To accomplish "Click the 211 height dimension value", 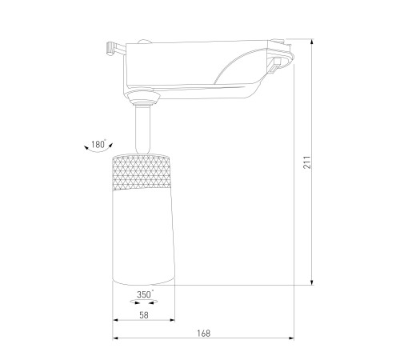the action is point(307,162).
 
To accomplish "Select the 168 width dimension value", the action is point(204,334).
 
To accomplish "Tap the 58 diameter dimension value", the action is point(144,315).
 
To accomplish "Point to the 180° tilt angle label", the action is point(98,144).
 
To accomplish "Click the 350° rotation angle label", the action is point(145,294).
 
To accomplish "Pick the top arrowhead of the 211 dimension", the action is point(312,42).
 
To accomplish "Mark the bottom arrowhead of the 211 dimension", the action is point(312,282).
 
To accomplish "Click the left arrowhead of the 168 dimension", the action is point(115,338).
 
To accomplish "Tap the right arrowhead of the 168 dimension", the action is point(291,338).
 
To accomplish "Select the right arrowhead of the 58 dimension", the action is point(172,320).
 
